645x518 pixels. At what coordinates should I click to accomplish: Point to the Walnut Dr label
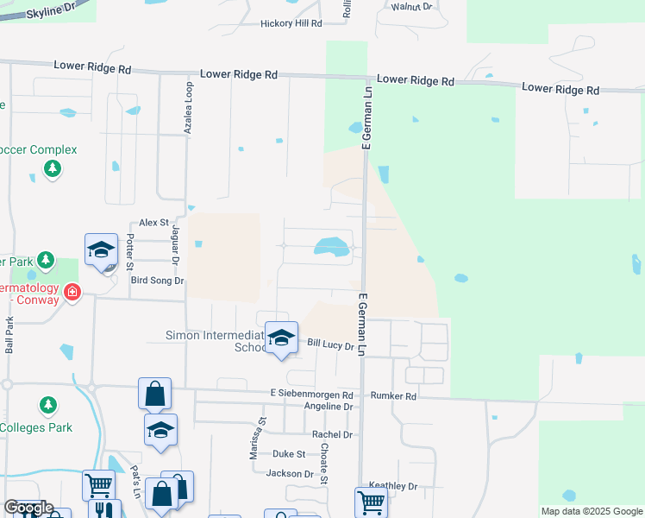[410, 6]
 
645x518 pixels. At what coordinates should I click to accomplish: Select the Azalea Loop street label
[187, 108]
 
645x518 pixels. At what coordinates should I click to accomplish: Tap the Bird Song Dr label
[156, 281]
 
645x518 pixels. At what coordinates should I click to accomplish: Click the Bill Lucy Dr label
[331, 345]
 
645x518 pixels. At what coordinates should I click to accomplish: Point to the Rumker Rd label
[393, 396]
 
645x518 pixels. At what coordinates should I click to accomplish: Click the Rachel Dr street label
[333, 434]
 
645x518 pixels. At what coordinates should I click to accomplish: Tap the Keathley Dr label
[392, 487]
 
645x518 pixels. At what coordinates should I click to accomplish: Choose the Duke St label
[289, 454]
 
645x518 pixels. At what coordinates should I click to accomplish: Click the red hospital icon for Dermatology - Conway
[72, 292]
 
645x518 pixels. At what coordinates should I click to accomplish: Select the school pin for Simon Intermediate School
[280, 338]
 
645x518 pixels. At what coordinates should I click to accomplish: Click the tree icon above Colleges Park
[48, 404]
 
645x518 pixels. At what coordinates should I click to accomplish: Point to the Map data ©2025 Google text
[591, 511]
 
